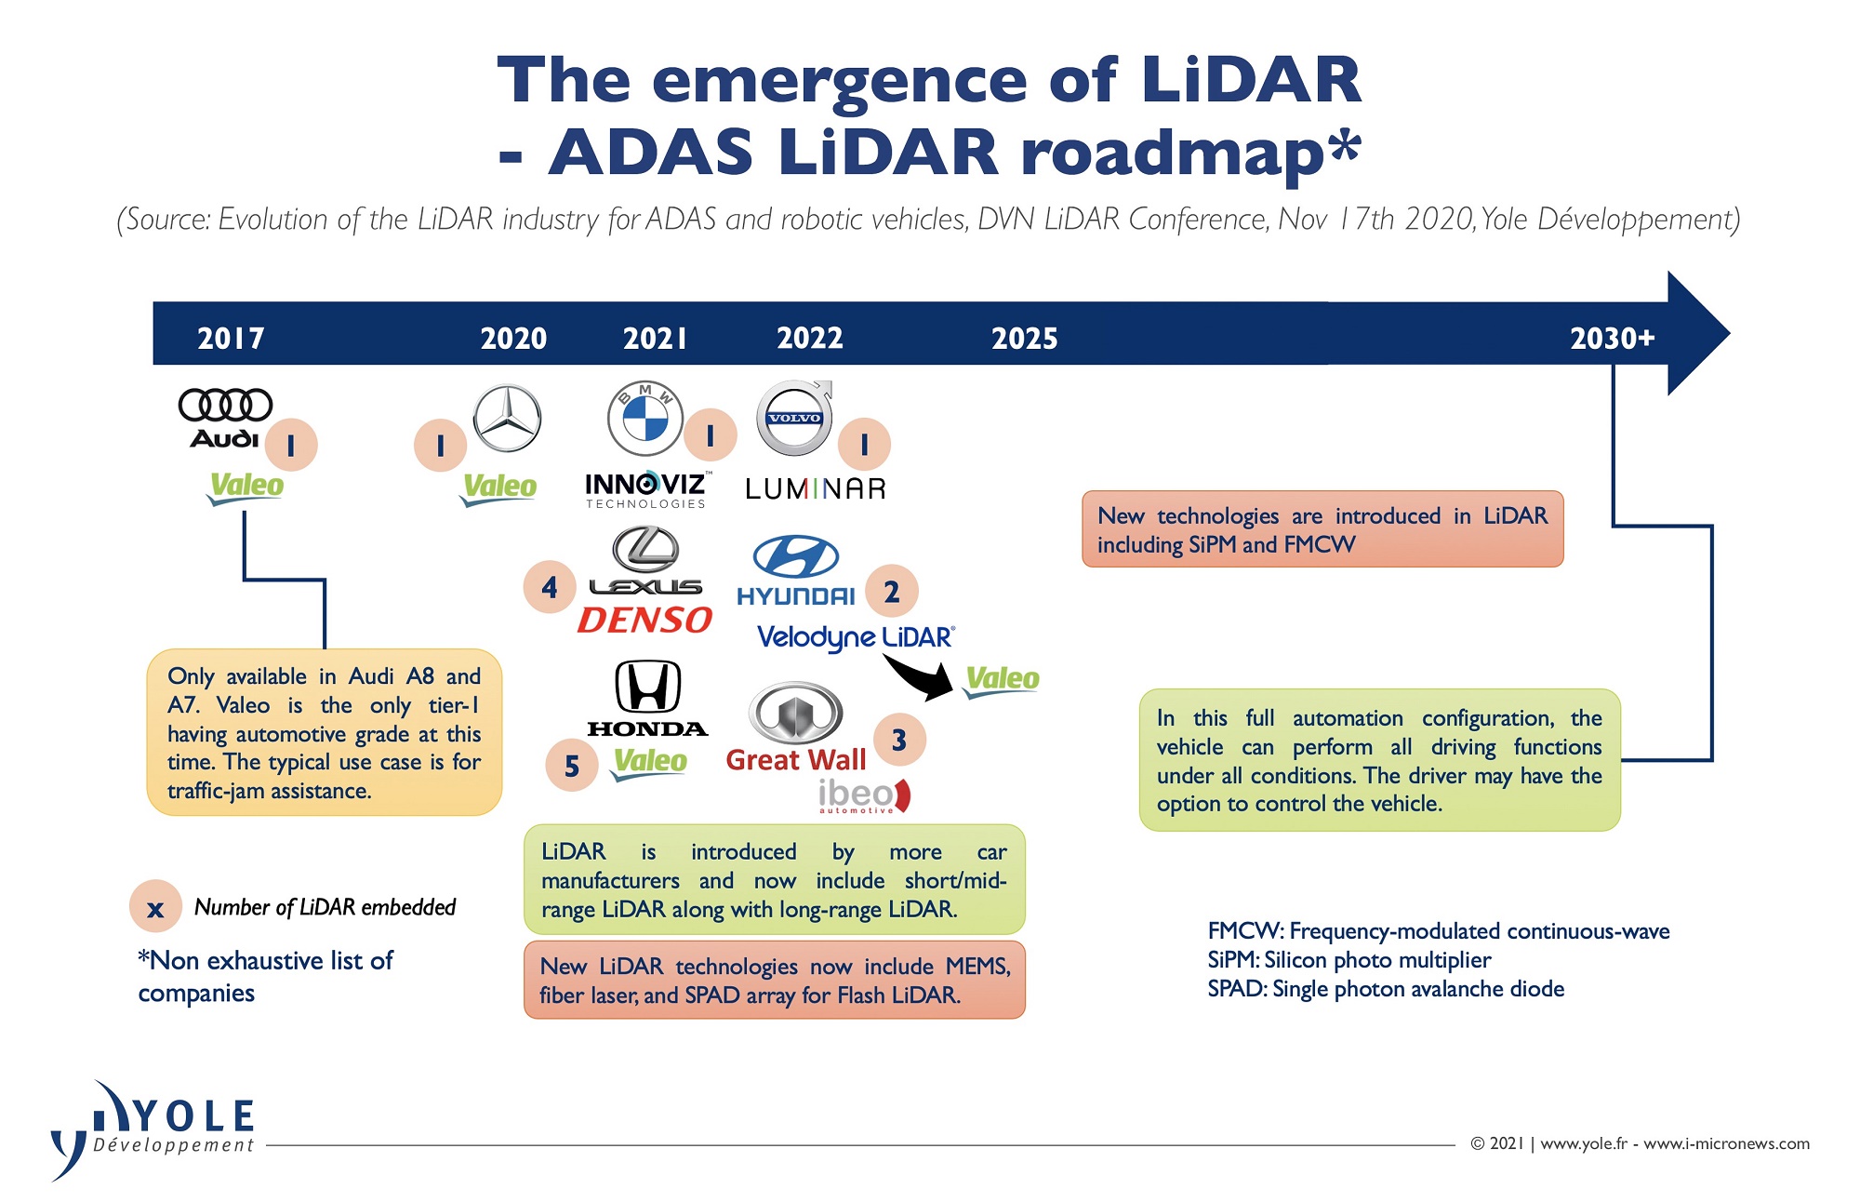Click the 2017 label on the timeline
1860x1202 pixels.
coord(231,338)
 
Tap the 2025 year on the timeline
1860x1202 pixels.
coord(1024,338)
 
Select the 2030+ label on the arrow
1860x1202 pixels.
coord(1613,338)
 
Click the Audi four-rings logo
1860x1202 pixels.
coord(225,405)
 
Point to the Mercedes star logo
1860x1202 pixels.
coord(507,419)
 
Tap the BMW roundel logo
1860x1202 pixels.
coord(645,419)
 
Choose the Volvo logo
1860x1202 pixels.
coord(794,418)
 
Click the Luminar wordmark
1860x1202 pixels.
coord(816,488)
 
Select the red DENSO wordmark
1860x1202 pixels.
coord(644,620)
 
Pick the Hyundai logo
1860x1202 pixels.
coord(796,570)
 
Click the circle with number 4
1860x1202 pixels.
coord(550,587)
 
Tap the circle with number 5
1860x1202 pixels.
coord(572,765)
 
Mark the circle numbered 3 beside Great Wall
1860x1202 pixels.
coord(898,740)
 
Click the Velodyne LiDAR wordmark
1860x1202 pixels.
coord(856,638)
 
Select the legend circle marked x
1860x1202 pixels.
coord(155,907)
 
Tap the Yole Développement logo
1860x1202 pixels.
coord(153,1129)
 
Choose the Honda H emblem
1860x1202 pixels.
coord(648,688)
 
